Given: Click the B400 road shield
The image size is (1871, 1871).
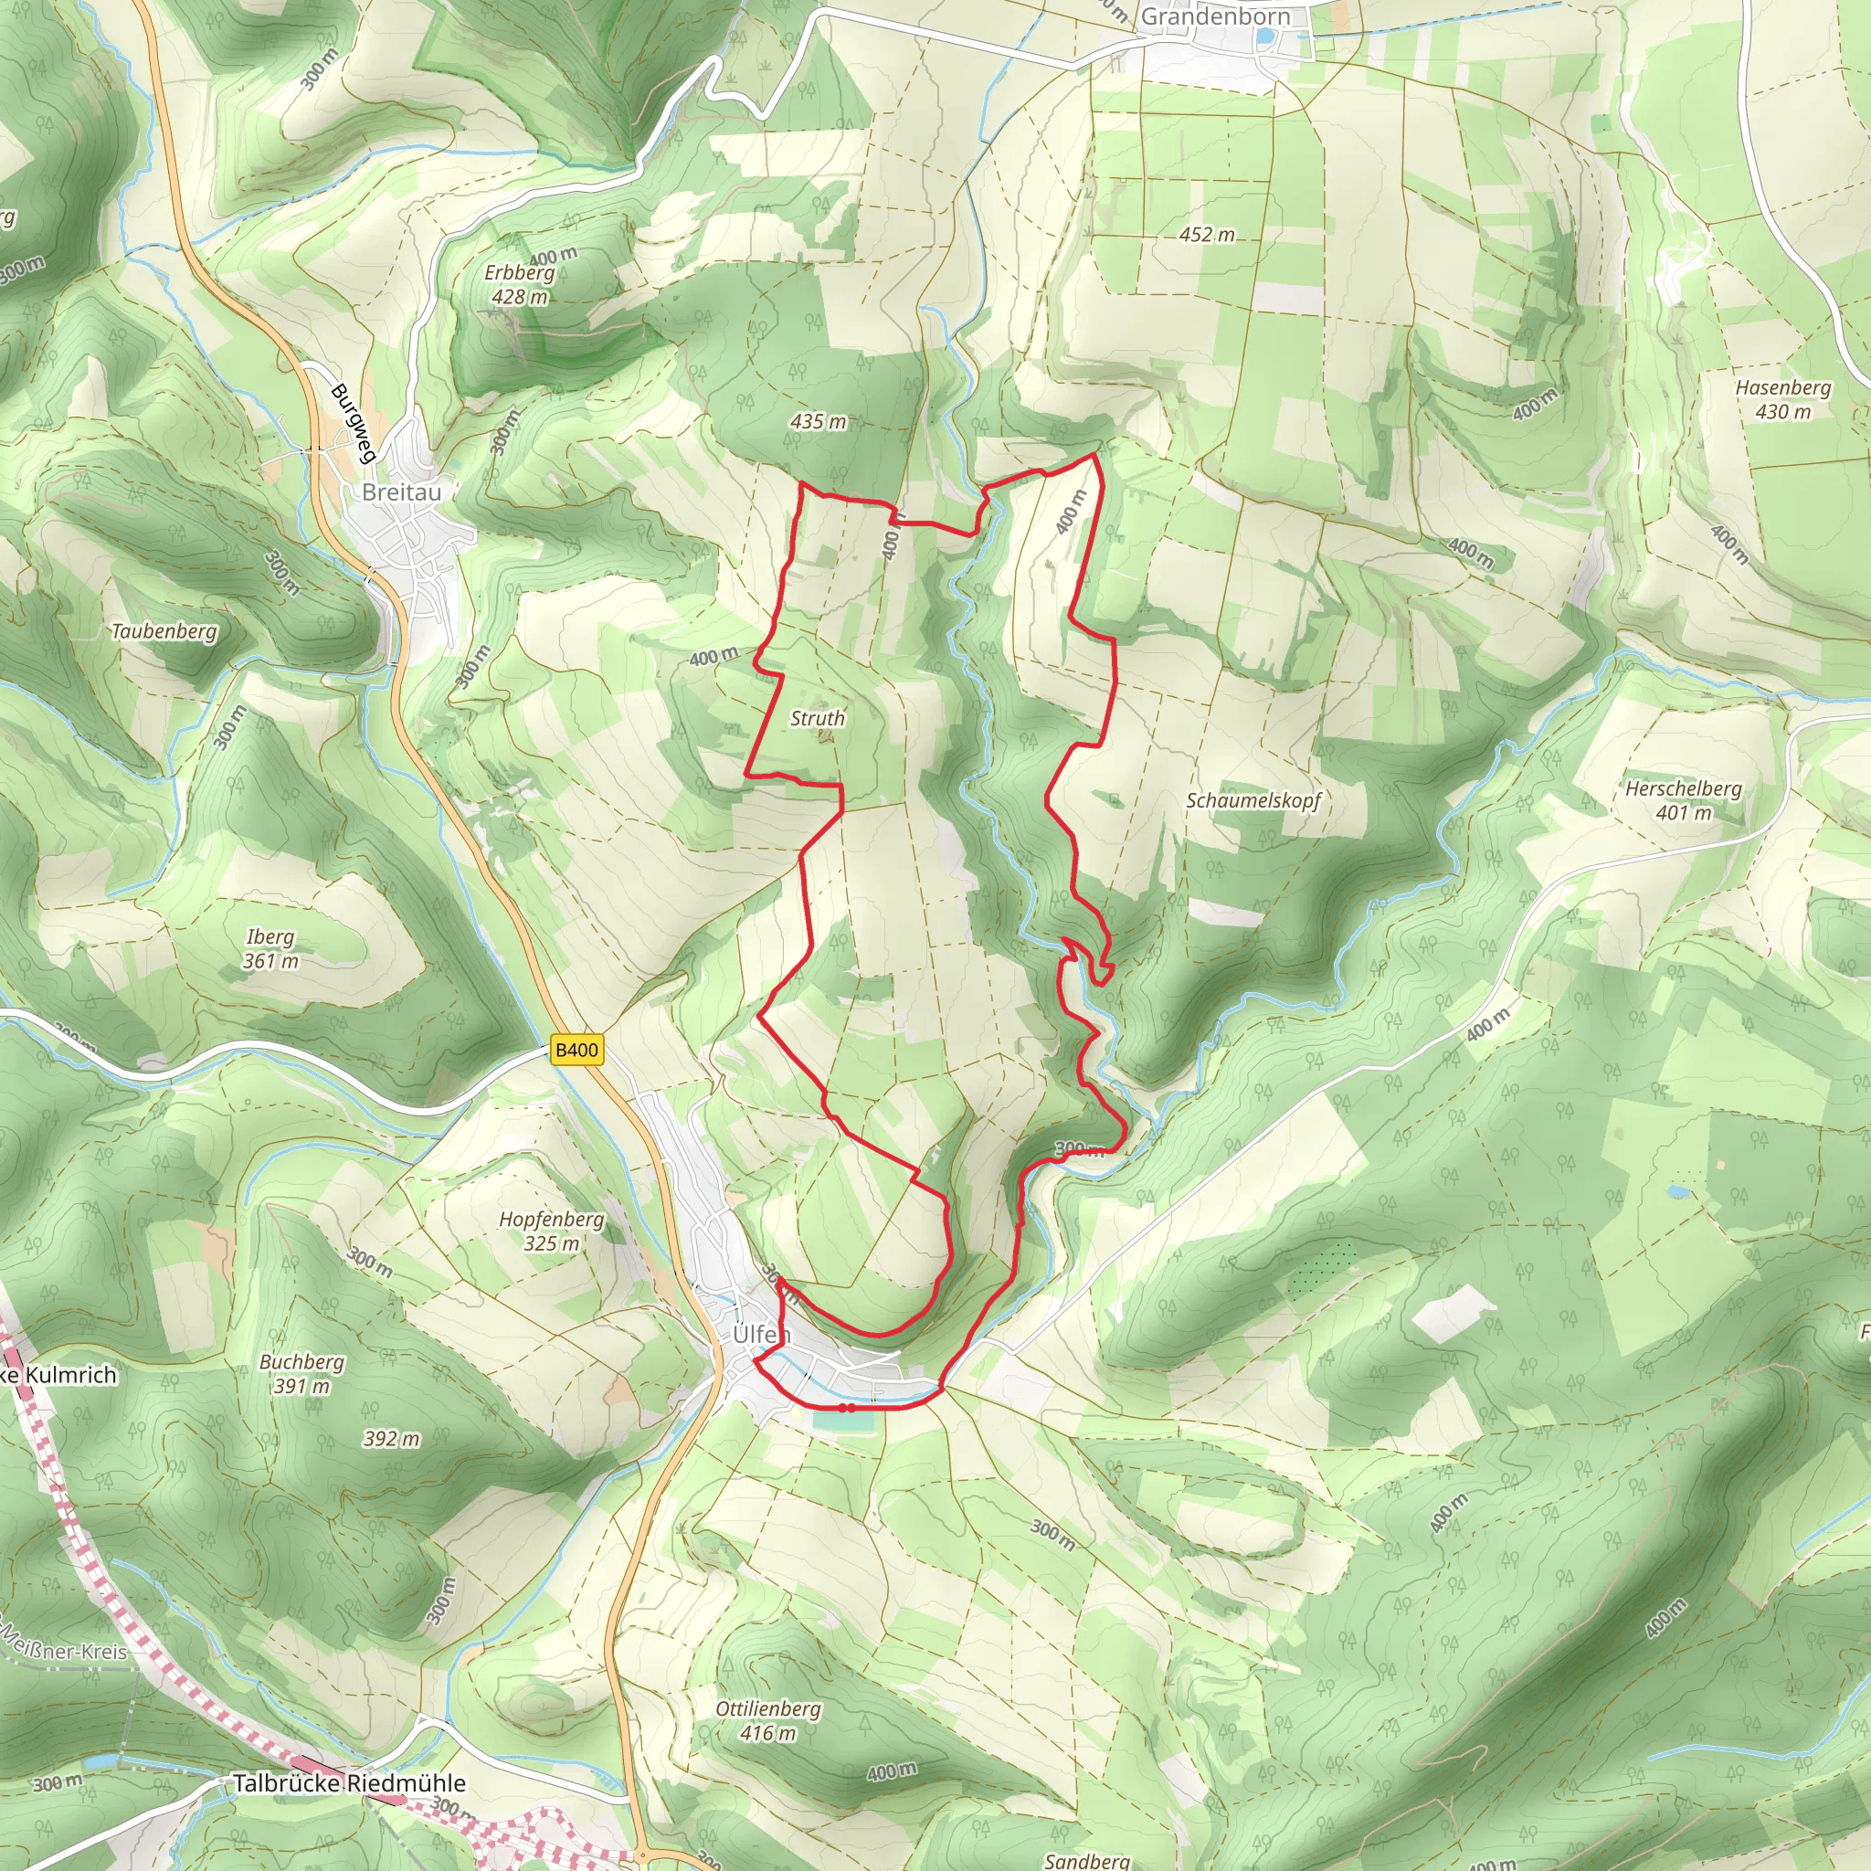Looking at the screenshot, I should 577,1050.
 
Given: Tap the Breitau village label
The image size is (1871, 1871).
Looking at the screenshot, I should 401,492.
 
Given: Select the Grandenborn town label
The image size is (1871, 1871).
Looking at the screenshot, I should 1214,16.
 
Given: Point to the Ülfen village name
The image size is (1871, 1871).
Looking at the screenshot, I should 761,1335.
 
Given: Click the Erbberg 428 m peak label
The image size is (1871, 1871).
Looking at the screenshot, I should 520,285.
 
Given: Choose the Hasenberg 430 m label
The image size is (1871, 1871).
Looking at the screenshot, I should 1783,399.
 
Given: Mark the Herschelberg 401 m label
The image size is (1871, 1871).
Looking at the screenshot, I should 1683,800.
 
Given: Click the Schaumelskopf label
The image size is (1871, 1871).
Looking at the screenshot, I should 1253,800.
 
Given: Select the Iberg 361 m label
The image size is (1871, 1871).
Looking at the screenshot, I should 270,948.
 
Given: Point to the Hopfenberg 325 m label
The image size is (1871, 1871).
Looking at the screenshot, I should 551,1231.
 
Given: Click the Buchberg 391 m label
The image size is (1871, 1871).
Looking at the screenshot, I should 301,1373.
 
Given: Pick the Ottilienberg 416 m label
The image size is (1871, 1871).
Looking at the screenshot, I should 768,1721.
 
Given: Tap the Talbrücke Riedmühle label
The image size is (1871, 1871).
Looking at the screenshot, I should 349,1783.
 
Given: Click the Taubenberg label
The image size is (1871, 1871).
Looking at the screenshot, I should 164,631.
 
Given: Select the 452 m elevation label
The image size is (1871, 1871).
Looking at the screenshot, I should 1207,235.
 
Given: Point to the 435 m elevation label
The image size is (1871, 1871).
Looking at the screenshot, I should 818,421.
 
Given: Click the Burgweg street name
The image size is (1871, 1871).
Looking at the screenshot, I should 353,423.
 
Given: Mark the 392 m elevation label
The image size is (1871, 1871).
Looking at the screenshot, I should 392,1438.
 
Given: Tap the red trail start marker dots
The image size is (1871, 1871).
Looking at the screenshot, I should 846,1407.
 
